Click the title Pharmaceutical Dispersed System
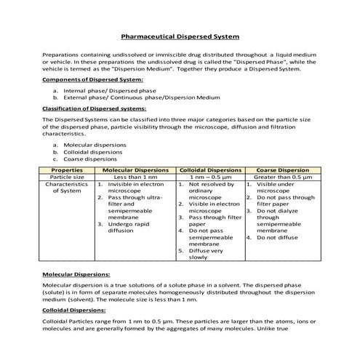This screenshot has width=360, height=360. click(180, 36)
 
